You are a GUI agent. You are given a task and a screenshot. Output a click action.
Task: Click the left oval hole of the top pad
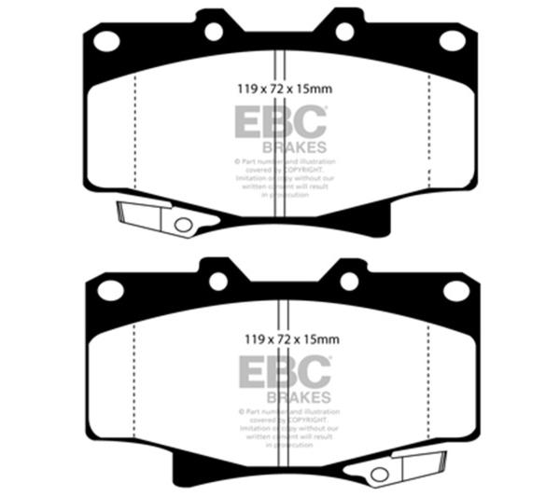pyautogui.click(x=107, y=40)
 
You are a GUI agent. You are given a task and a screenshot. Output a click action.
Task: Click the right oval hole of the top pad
pyautogui.click(x=453, y=40)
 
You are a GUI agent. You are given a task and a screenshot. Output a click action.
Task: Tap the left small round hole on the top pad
pyautogui.click(x=214, y=32)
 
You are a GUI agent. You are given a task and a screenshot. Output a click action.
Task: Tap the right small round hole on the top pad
pyautogui.click(x=344, y=32)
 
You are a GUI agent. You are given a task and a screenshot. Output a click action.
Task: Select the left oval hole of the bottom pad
pyautogui.click(x=110, y=290)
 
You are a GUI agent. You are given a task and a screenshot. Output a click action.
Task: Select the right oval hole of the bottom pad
pyautogui.click(x=455, y=290)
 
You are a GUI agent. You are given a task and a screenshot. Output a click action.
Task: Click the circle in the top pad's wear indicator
pyautogui.click(x=183, y=225)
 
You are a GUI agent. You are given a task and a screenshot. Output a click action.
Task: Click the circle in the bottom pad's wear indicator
pyautogui.click(x=380, y=474)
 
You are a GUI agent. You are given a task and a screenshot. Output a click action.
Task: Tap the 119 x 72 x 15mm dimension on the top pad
pyautogui.click(x=281, y=90)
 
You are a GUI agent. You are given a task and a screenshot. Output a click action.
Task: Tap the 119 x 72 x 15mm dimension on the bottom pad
pyautogui.click(x=284, y=340)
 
